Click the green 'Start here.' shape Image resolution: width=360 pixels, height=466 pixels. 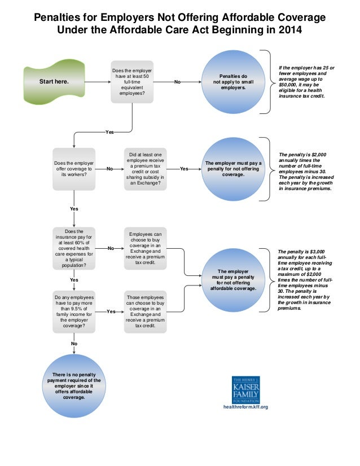coord(54,82)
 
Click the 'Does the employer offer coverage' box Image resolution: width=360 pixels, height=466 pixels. coord(74,168)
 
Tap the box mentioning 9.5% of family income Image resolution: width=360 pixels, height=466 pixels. coord(74,311)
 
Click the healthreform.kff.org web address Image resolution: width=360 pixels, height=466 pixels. coord(246,407)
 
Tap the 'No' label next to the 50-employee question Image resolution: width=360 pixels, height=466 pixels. coord(177,82)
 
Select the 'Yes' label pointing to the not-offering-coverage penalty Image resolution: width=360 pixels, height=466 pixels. coord(184,169)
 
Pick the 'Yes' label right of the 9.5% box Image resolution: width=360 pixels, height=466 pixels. coord(111,311)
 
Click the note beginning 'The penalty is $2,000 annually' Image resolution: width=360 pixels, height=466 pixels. coord(305,172)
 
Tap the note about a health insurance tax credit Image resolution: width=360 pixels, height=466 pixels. coord(305,82)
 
